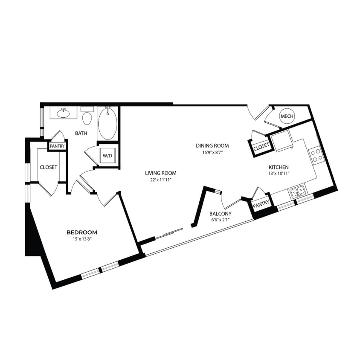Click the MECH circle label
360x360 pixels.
[x=285, y=116]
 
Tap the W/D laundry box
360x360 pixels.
[x=107, y=156]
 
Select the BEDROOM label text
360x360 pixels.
[x=82, y=232]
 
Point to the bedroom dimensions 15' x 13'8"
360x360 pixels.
[x=82, y=239]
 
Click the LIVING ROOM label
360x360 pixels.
[x=160, y=173]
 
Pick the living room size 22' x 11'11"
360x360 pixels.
[x=160, y=180]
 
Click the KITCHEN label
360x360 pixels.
[x=279, y=167]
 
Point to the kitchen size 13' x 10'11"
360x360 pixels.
[x=279, y=174]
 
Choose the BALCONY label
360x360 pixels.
[x=221, y=214]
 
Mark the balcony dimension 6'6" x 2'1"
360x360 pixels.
[x=221, y=221]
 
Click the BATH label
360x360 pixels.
[x=81, y=134]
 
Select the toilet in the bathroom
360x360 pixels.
[x=87, y=118]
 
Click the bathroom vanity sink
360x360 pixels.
[x=64, y=113]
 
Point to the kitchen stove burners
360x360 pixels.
[x=316, y=156]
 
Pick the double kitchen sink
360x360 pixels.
[x=298, y=191]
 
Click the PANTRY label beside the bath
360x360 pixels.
[x=57, y=146]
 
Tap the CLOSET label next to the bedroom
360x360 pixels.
[x=49, y=168]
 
